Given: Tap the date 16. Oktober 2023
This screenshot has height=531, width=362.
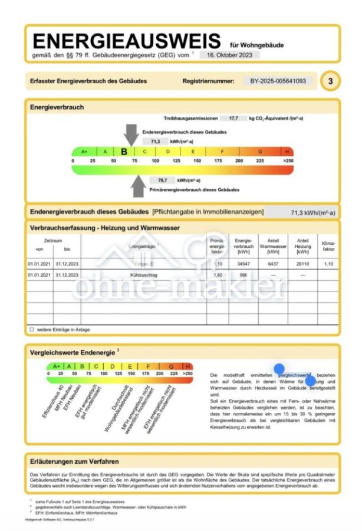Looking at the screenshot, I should pos(229,55).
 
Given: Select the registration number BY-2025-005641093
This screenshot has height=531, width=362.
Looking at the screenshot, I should pos(278,81).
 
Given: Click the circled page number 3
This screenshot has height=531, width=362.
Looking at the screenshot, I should pos(330,81).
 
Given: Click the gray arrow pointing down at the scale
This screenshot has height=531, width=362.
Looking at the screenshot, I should pos(131,135).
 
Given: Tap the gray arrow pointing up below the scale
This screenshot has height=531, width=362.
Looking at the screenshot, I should pos(138,185).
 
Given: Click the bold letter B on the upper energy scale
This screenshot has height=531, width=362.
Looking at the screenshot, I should pos(124,152).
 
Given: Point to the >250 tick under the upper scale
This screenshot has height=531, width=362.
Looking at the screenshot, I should pos(288,160).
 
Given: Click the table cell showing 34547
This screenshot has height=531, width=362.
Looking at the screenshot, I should pos(243,264).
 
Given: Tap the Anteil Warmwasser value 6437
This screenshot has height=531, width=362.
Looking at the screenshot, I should pos(273,264).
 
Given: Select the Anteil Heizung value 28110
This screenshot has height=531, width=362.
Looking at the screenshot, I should pos(302,264).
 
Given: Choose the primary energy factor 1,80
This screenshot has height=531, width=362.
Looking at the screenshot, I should pos(217,275).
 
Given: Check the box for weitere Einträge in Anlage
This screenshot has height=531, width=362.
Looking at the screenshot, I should pos(32,329).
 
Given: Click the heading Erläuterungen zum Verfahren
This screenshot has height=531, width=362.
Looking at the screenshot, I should pos(75,461).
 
